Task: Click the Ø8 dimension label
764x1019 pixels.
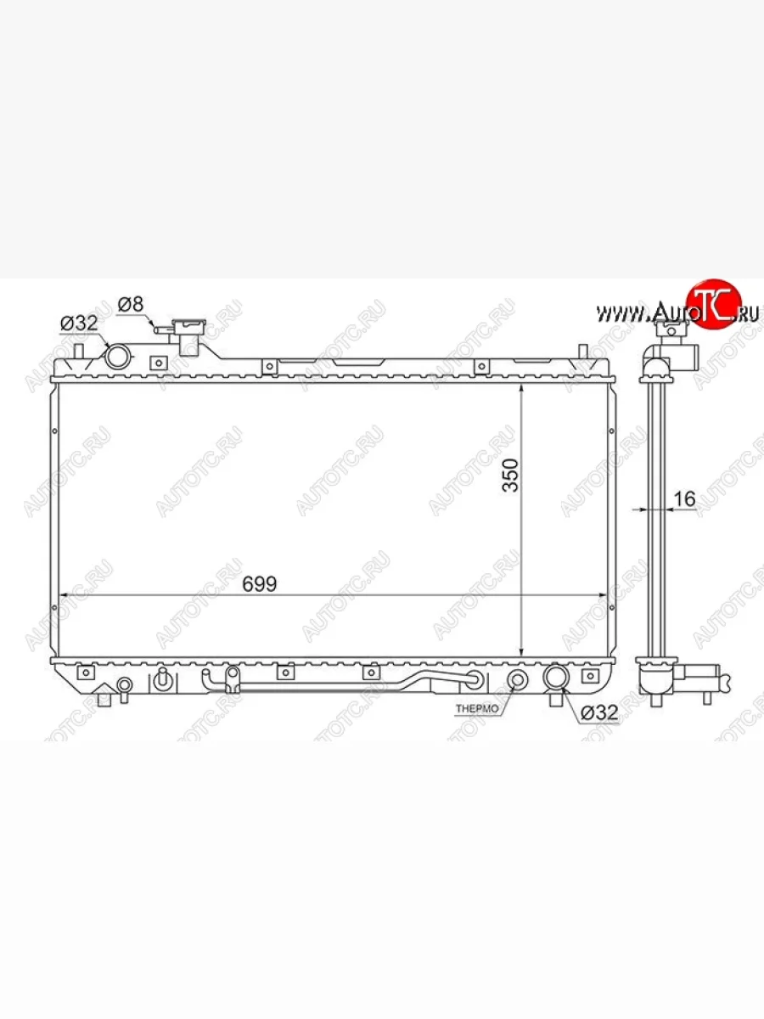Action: pyautogui.click(x=131, y=305)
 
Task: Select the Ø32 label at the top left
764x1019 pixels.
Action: pyautogui.click(x=79, y=324)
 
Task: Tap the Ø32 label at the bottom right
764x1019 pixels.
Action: pyautogui.click(x=599, y=712)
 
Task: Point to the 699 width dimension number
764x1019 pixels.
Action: pyautogui.click(x=259, y=584)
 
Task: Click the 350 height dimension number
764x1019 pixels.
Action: pyautogui.click(x=511, y=475)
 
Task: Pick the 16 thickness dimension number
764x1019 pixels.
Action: pyautogui.click(x=684, y=499)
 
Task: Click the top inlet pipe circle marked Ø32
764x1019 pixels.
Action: pyautogui.click(x=116, y=356)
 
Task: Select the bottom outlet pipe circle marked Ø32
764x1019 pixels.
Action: pyautogui.click(x=556, y=677)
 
